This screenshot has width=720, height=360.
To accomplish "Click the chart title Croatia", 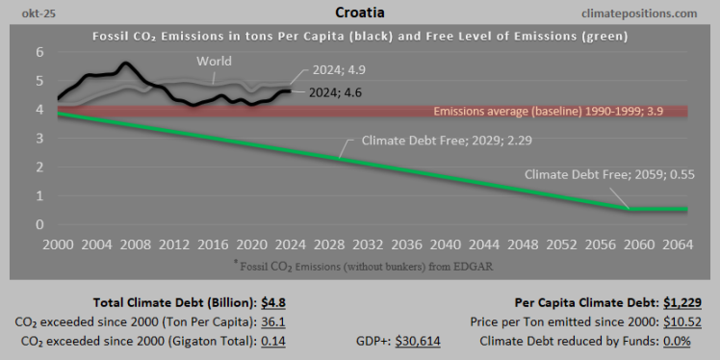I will coord(360,13).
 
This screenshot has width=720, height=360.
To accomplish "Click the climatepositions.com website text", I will coord(639,13).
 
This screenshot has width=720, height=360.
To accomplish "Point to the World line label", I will coord(214,62).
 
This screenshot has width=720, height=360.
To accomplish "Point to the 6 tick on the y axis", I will coord(39,52).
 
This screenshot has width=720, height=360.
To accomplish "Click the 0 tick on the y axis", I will coord(39,224).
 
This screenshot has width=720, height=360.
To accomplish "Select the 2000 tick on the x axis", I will coord(59,244).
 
